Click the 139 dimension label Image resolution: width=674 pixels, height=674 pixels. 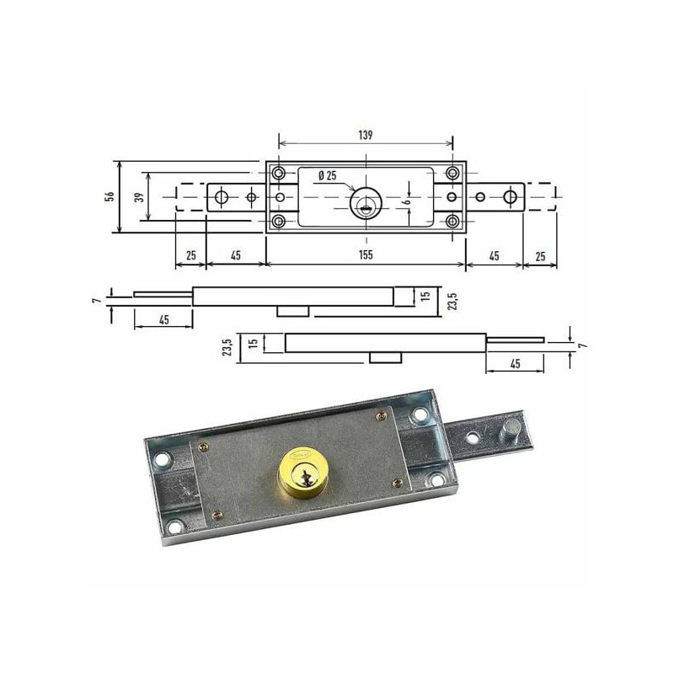366,135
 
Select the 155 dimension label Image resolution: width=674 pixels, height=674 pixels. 366,255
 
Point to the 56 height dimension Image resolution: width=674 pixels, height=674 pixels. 110,197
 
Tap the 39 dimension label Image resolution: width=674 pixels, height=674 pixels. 139,197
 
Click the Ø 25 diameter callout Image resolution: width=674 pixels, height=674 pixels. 328,176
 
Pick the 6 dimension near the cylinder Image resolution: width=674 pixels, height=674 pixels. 408,201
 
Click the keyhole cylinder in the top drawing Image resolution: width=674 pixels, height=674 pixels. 366,203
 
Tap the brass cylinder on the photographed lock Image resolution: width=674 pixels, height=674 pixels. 301,473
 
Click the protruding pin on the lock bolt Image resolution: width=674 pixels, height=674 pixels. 511,429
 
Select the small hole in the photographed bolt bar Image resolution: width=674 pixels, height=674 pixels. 473,437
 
